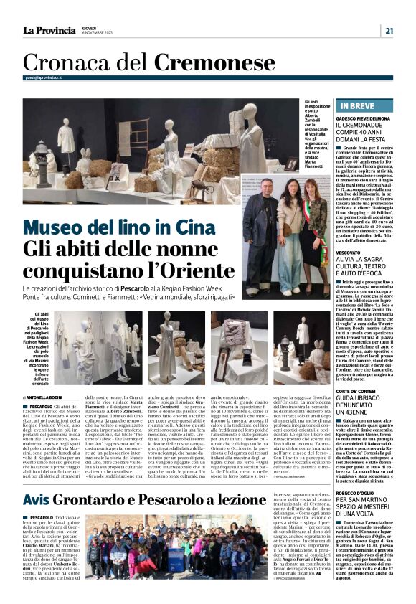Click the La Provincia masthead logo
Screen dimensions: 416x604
pos(49,30)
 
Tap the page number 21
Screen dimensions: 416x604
pos(388,30)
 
